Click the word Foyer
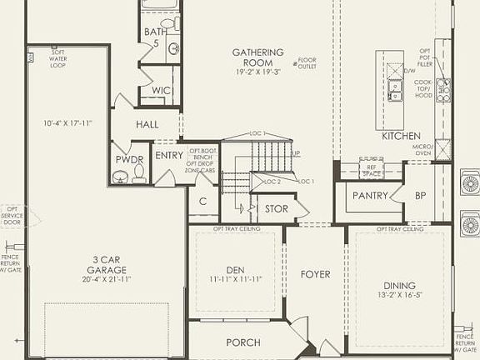point(316,274)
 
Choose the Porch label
point(243,342)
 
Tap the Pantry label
point(370,196)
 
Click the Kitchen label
point(401,136)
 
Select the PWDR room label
point(130,159)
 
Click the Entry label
point(169,154)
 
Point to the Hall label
point(147,124)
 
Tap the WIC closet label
point(162,91)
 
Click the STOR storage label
point(276,208)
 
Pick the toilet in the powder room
point(138,173)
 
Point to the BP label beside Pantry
point(421,196)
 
